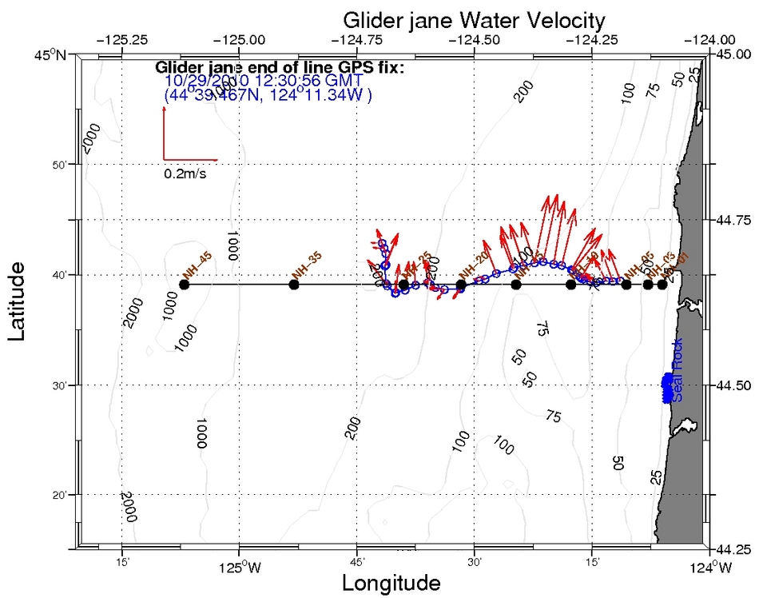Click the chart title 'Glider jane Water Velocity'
coord(474,19)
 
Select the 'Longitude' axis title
coord(391,583)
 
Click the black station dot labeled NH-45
coord(185,285)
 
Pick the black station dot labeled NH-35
coord(294,285)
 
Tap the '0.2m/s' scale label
coord(185,173)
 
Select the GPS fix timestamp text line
coord(264,82)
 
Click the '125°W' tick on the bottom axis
coord(239,568)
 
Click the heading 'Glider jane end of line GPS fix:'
coord(280,67)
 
